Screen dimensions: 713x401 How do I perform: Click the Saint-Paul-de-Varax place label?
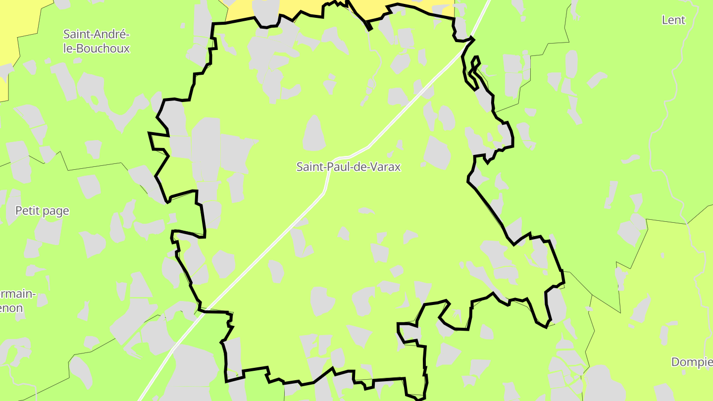348,167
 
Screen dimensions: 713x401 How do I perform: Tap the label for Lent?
673,20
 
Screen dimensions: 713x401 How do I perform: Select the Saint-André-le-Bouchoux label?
96,42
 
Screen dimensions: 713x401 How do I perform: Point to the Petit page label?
42,211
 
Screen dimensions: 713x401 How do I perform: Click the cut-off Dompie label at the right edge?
692,362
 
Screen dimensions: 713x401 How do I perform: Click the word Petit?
27,211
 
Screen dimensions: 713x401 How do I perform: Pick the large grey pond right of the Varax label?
437,152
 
